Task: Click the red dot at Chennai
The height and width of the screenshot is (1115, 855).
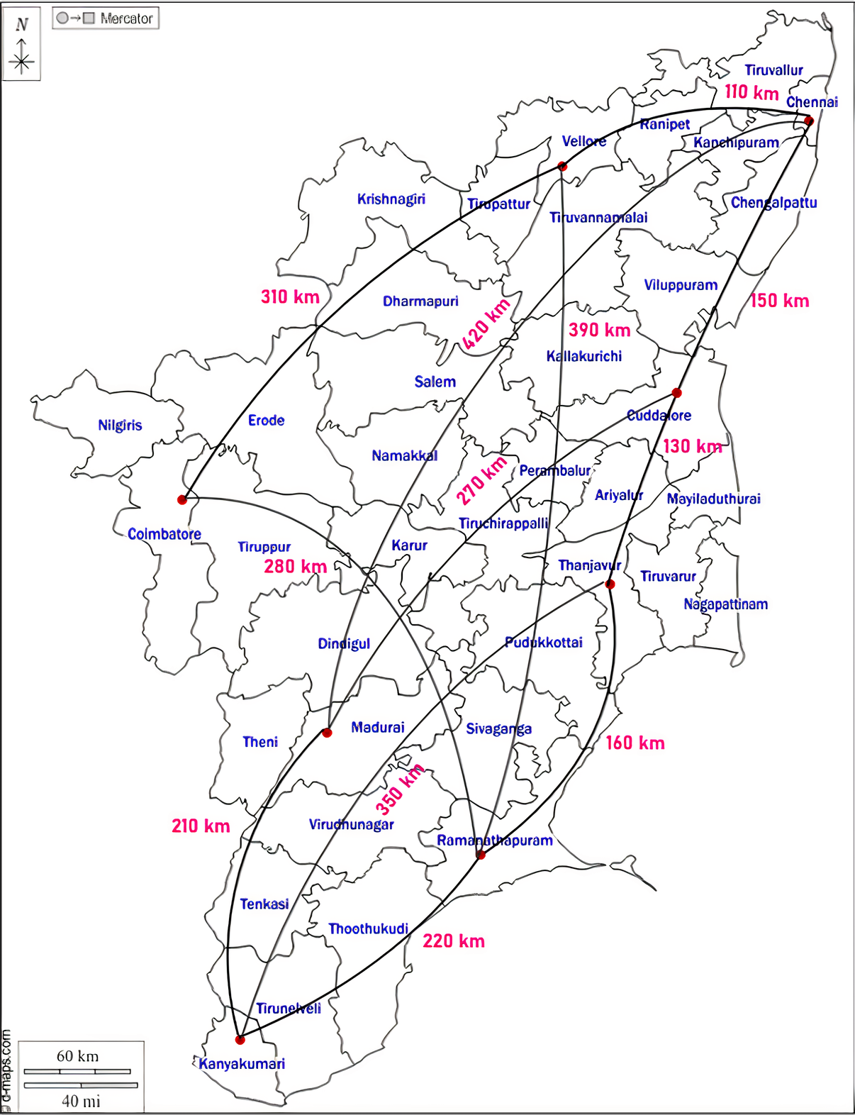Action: click(x=808, y=121)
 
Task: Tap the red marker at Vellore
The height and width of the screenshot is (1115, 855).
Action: click(x=562, y=167)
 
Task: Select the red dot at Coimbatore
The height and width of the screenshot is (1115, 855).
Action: click(x=182, y=500)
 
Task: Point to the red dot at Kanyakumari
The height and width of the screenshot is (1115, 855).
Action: click(x=240, y=1040)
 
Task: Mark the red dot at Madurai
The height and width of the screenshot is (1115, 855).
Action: click(x=327, y=733)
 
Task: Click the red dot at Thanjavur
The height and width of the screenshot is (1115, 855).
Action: click(x=610, y=584)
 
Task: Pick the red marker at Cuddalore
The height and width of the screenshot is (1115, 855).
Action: click(x=676, y=393)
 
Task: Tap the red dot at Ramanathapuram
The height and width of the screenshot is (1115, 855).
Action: click(x=481, y=855)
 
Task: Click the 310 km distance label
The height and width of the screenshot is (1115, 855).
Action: click(x=290, y=296)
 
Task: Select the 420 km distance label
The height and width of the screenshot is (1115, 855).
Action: click(x=486, y=323)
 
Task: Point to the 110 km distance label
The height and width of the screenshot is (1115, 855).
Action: click(x=751, y=92)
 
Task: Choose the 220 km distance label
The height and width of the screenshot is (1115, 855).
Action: click(x=454, y=941)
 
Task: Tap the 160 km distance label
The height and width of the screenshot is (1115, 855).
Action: click(x=635, y=743)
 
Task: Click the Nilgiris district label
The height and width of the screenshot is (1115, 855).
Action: click(x=120, y=426)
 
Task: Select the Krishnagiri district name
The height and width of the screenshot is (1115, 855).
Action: click(x=391, y=199)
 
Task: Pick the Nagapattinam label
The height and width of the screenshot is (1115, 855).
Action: click(x=725, y=604)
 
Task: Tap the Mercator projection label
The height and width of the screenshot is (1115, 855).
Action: click(x=106, y=18)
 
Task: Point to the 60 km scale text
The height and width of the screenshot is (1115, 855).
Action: click(x=77, y=1056)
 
